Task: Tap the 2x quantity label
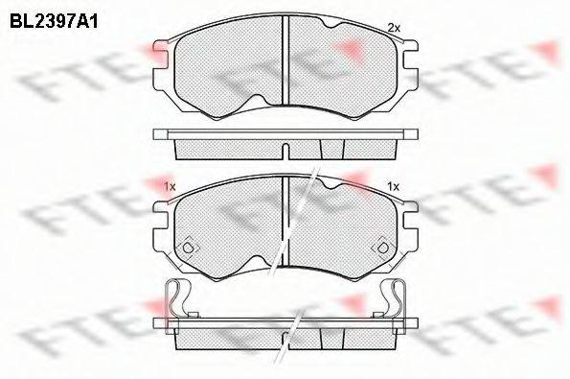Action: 392,28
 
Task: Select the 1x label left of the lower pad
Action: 169,186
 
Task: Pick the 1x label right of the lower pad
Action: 392,186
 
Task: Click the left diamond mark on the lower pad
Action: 190,246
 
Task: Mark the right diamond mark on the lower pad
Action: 381,246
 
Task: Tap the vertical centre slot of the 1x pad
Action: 285,216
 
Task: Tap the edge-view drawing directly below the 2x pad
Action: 285,144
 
